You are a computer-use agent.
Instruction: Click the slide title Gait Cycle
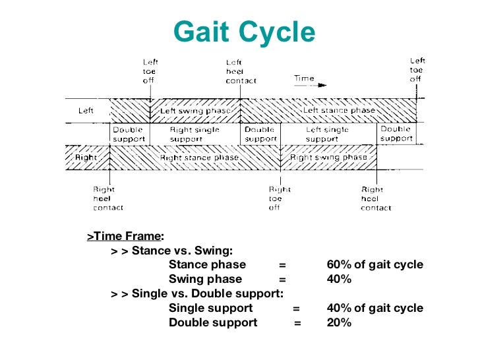coord(244,32)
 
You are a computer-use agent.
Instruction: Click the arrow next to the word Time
coord(321,85)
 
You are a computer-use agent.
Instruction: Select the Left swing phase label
coord(196,111)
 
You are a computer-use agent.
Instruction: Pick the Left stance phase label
coord(339,111)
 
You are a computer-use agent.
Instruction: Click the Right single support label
coord(194,135)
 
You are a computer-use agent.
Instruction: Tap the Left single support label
coord(327,135)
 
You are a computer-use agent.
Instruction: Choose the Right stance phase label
coord(198,158)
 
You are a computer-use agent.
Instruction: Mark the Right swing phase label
coord(328,158)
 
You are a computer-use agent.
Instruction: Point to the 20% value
coord(339,323)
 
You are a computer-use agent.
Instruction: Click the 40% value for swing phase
coord(339,280)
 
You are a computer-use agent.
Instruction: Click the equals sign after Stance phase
coord(282,265)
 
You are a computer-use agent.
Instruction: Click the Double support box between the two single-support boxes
coord(260,135)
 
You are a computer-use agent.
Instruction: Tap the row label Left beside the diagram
coord(86,111)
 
